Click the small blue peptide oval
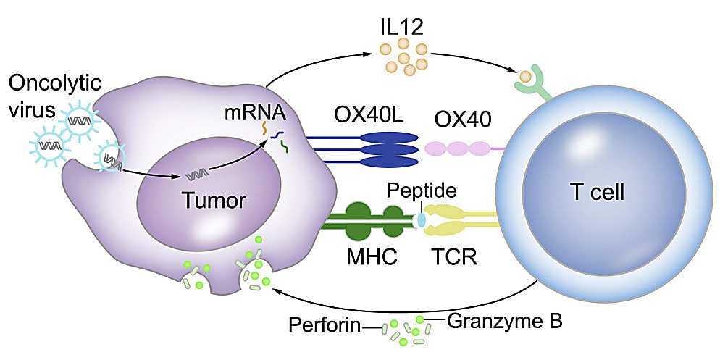pyautogui.click(x=421, y=219)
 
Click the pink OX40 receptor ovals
pyautogui.click(x=458, y=148)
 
